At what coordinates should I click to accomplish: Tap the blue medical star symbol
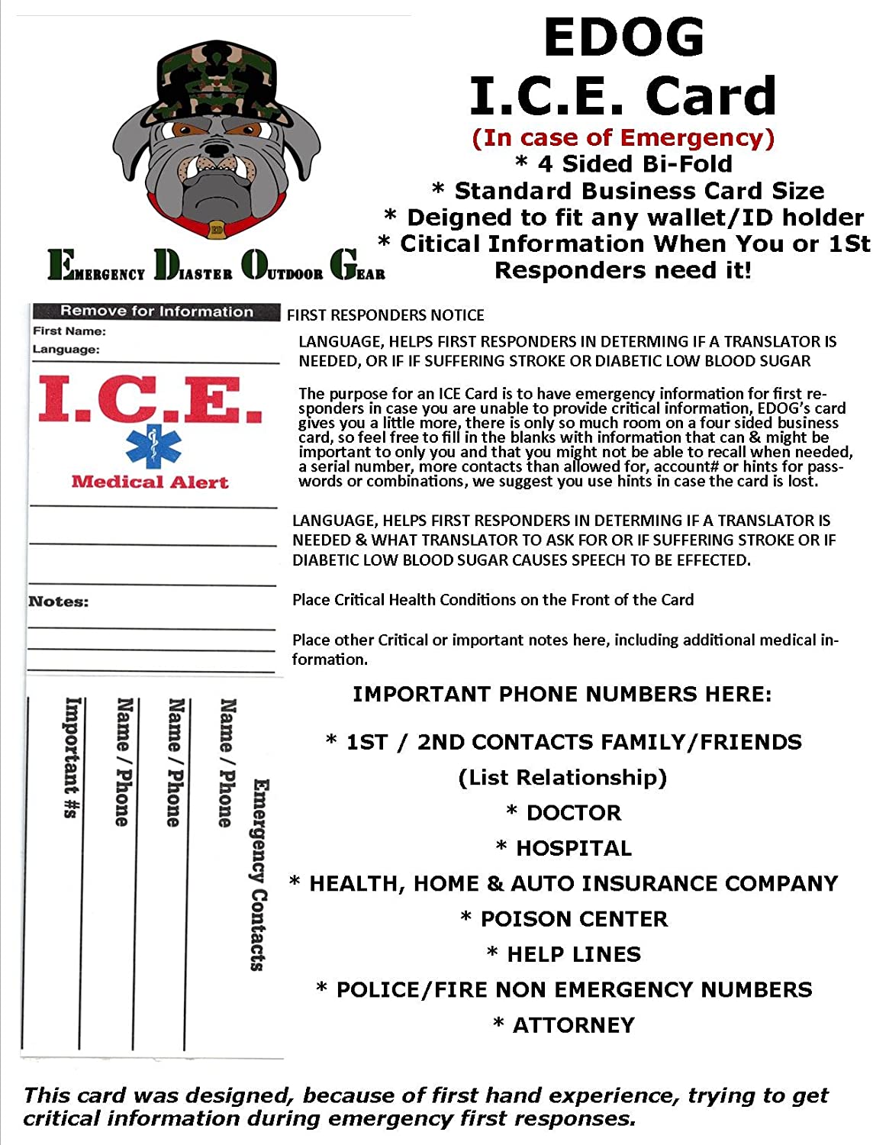[154, 447]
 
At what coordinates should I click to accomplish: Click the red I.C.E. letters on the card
[150, 398]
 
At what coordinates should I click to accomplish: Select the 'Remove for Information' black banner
[156, 311]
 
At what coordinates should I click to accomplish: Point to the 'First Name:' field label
[69, 331]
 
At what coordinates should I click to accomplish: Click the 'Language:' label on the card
[66, 350]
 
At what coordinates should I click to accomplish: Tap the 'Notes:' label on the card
[58, 602]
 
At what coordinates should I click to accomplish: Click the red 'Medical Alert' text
[150, 482]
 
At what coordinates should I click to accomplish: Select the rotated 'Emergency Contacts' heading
[259, 874]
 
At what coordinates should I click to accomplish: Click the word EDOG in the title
[623, 37]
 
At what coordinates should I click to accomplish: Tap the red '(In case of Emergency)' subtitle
[623, 138]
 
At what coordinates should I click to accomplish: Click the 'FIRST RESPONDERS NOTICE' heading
[385, 315]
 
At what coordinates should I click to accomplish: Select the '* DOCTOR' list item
[564, 813]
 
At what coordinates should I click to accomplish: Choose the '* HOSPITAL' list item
[564, 848]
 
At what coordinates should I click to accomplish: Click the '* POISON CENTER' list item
[564, 919]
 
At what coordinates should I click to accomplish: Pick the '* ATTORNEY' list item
[564, 1025]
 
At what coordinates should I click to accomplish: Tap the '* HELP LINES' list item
[564, 954]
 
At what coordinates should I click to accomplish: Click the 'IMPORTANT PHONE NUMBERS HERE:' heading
[562, 695]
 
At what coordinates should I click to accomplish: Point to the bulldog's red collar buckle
[217, 229]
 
